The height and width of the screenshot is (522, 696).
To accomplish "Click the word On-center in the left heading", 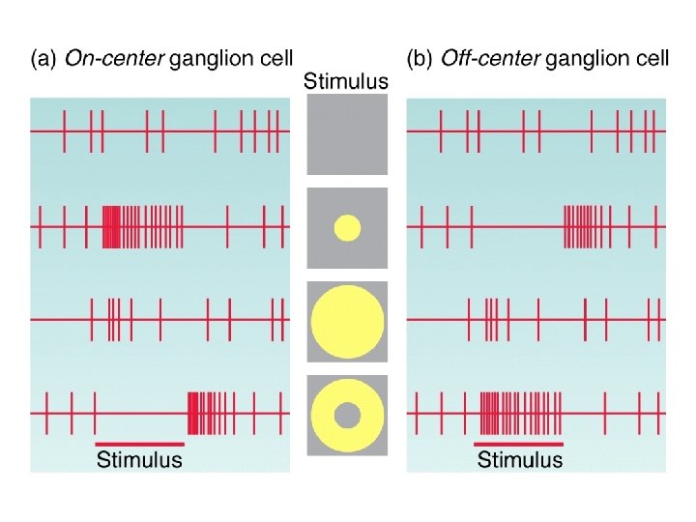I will pyautogui.click(x=113, y=59).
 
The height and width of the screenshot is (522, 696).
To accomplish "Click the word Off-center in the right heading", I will pyautogui.click(x=490, y=59).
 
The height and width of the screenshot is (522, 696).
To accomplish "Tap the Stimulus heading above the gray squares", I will pyautogui.click(x=346, y=81).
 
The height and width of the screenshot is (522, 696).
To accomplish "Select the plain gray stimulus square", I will pyautogui.click(x=347, y=135).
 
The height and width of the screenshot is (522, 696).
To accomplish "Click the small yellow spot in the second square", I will pyautogui.click(x=347, y=228).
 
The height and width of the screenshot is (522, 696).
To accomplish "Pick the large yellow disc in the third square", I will pyautogui.click(x=347, y=322).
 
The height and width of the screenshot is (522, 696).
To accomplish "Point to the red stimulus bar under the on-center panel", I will pyautogui.click(x=139, y=444).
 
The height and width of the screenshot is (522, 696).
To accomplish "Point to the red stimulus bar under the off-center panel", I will pyautogui.click(x=519, y=444).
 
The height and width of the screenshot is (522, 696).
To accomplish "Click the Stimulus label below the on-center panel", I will pyautogui.click(x=139, y=460).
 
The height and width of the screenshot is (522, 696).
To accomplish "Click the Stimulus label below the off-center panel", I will pyautogui.click(x=519, y=460).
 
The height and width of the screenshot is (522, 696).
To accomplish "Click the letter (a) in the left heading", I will pyautogui.click(x=43, y=59).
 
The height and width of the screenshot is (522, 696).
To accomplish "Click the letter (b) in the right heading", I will pyautogui.click(x=420, y=59).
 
